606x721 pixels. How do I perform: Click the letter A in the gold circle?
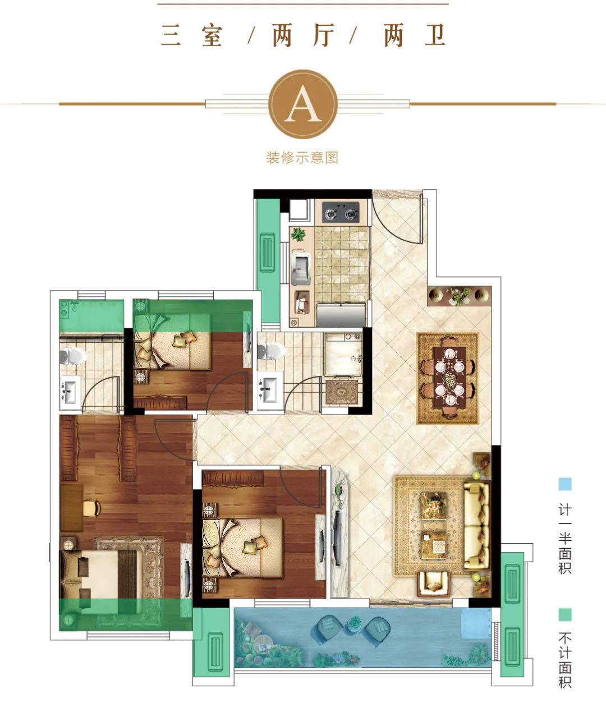(303, 104)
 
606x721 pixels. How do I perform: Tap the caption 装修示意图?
(302, 158)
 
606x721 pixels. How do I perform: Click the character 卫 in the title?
(434, 35)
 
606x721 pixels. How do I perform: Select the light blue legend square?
(565, 484)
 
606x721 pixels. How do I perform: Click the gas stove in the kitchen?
(341, 212)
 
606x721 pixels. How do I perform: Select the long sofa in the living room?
(476, 526)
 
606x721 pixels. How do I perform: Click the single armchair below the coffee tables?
(433, 584)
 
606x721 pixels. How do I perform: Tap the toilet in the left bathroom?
(73, 356)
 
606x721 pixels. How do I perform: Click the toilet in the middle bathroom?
(271, 351)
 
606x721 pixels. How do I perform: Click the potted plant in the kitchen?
(298, 235)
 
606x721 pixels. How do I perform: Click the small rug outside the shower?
(342, 392)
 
